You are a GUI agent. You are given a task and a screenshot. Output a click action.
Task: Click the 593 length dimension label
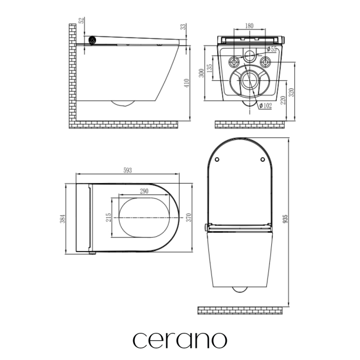click(128, 170)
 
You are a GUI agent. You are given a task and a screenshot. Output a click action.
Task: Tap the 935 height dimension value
click(285, 219)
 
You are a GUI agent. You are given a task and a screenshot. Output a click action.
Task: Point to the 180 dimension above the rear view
click(249, 26)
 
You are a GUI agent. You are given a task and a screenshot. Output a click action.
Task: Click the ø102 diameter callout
click(265, 106)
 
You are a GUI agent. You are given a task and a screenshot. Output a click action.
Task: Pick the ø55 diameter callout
click(272, 49)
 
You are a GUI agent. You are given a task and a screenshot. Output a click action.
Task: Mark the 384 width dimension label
click(63, 219)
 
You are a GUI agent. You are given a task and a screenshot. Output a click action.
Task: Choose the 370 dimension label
click(188, 217)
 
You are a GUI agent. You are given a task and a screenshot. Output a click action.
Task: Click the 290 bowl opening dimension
click(144, 191)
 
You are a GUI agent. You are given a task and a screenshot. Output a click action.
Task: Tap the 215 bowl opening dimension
click(108, 217)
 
